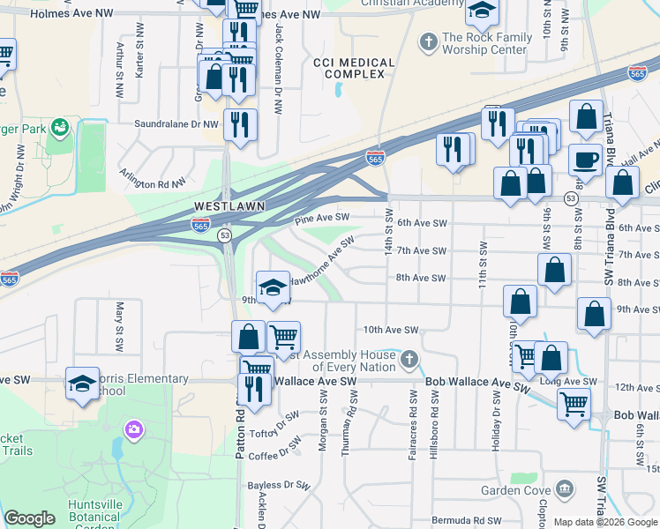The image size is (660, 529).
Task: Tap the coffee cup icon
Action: (584, 159)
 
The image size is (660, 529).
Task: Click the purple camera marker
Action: (133, 429)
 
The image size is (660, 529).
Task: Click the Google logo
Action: (29, 518)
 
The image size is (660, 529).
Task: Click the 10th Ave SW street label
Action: (391, 330)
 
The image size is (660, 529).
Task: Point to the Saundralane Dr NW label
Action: (176, 124)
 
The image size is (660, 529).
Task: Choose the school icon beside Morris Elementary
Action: (82, 384)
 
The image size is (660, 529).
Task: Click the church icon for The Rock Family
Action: (428, 41)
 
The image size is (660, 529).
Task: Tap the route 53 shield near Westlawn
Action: (225, 235)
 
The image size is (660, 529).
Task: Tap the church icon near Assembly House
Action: (408, 359)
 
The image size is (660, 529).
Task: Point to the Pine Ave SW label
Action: (323, 217)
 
